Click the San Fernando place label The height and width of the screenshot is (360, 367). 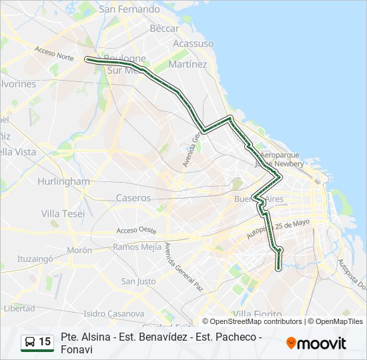tap(129, 9)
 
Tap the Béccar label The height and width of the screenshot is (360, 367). tap(164, 29)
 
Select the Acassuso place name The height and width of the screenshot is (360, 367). tap(193, 43)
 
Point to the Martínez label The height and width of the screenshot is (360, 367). tap(188, 65)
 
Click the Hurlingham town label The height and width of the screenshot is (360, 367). tap(63, 181)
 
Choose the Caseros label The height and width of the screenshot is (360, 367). tap(133, 198)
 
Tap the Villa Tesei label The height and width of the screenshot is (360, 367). tap(63, 213)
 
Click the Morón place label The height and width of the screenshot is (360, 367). tap(79, 251)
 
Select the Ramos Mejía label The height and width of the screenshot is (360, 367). tap(137, 246)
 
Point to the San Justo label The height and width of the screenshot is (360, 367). tap(138, 281)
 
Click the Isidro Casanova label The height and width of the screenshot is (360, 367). tap(113, 313)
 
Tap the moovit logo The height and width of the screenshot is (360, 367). tap(316, 343)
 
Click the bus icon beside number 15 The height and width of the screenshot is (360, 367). tap(30, 342)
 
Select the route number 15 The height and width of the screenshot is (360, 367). tap(45, 342)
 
